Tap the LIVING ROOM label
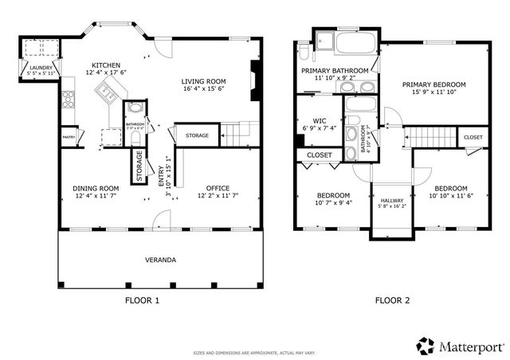click(x=204, y=81)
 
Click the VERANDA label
click(x=160, y=260)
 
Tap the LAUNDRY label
click(x=41, y=68)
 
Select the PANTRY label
click(x=69, y=138)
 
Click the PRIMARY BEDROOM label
click(x=433, y=84)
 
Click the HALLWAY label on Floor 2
click(x=391, y=201)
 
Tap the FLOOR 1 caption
click(x=143, y=301)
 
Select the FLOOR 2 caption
click(x=392, y=301)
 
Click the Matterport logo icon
click(x=426, y=346)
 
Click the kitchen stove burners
click(x=69, y=100)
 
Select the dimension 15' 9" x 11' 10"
click(x=433, y=92)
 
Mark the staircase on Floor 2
click(x=431, y=136)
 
